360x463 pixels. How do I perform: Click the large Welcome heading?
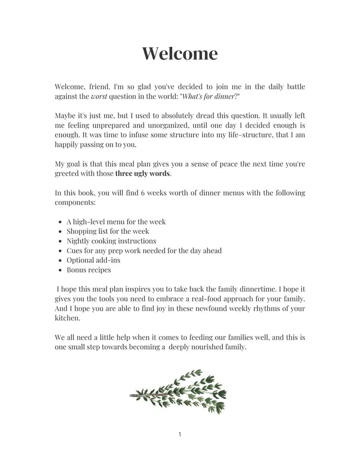click(180, 53)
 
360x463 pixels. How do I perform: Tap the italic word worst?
click(99, 96)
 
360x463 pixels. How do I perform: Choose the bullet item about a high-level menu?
click(116, 222)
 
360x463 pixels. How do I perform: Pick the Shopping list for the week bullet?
click(108, 231)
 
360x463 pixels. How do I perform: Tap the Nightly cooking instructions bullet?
click(111, 241)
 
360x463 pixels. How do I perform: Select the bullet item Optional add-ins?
click(94, 260)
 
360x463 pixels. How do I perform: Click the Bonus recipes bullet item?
click(89, 270)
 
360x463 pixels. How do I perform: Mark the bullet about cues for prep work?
click(144, 250)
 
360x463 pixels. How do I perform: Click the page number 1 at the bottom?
click(180, 435)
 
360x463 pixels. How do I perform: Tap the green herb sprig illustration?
click(179, 391)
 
